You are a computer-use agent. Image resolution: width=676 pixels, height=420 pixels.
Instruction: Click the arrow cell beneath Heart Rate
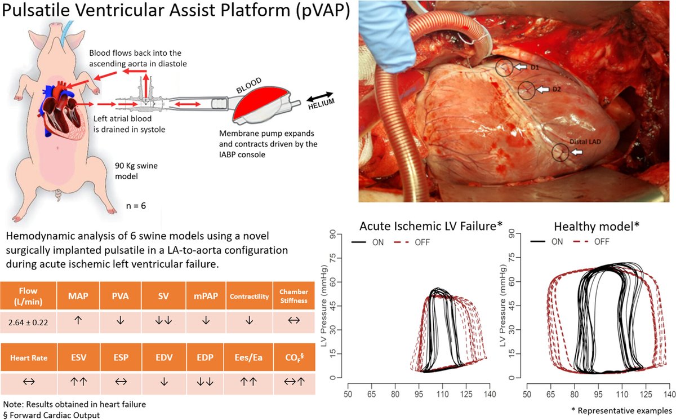click(x=28, y=381)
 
